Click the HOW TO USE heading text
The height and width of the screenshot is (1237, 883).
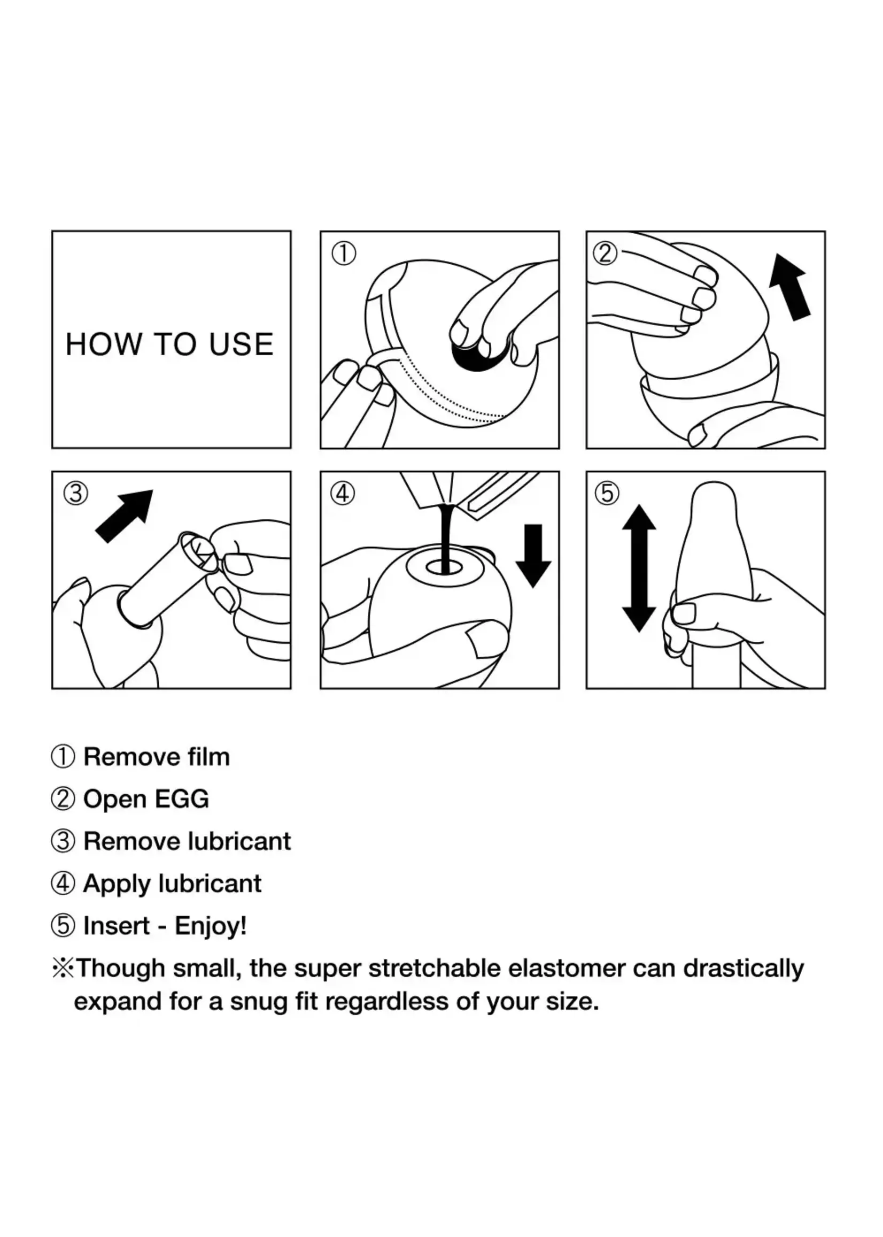[x=169, y=344]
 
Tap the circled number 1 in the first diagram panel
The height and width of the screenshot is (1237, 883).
[x=344, y=253]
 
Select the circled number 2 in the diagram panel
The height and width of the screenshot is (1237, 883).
[x=605, y=253]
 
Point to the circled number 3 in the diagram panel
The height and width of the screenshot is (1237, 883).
[x=75, y=494]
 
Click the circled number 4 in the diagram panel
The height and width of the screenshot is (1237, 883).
[x=343, y=494]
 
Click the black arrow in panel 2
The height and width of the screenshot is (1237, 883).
[x=790, y=287]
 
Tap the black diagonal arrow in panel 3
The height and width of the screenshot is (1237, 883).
[x=124, y=516]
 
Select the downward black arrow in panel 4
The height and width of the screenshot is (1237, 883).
[x=533, y=556]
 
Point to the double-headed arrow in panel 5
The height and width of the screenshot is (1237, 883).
[x=639, y=568]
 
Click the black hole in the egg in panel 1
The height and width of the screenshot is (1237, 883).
[x=478, y=356]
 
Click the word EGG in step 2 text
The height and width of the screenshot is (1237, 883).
[x=182, y=799]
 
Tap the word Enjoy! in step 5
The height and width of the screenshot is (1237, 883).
[x=211, y=926]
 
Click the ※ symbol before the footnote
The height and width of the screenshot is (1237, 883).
[x=63, y=969]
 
